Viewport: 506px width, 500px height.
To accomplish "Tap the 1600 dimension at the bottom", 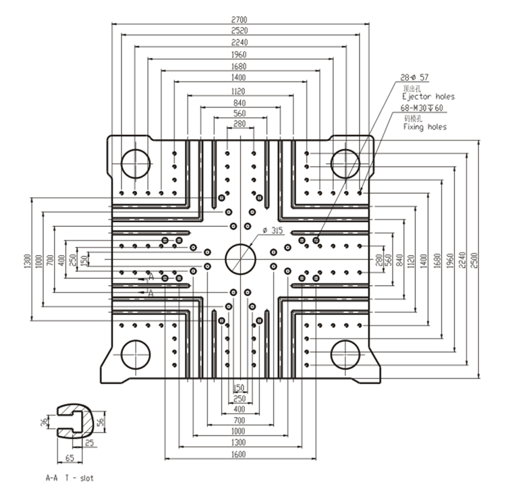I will [240, 455].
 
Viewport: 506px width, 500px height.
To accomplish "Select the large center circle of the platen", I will [240, 258].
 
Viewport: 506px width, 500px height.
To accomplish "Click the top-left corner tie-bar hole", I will [136, 163].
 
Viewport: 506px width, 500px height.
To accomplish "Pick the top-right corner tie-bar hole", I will [345, 163].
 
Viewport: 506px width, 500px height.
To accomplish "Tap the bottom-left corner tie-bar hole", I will [136, 354].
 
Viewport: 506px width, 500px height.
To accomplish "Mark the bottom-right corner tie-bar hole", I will [345, 354].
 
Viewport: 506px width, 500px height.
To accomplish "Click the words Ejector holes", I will [428, 97].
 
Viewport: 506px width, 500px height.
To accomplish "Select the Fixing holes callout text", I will [424, 126].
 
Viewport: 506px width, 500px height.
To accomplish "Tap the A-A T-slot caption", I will [69, 478].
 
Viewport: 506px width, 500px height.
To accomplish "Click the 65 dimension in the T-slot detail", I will [69, 458].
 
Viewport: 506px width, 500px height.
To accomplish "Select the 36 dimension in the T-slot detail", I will [44, 423].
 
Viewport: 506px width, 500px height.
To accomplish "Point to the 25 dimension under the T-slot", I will [90, 443].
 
